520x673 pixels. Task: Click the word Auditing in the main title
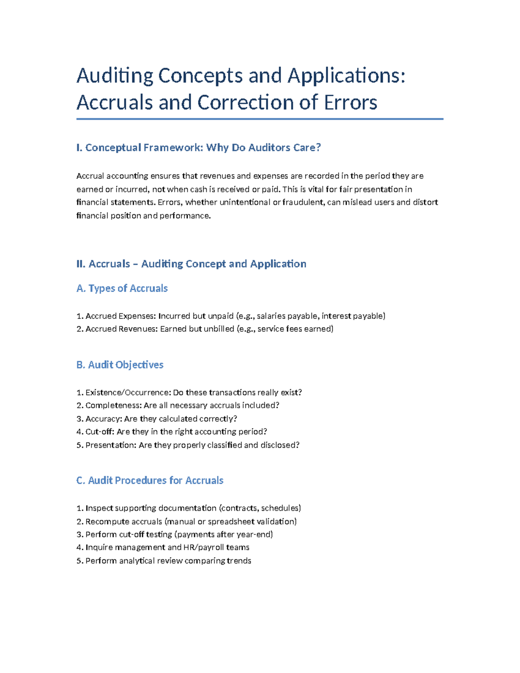(x=114, y=76)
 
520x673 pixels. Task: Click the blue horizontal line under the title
(x=260, y=119)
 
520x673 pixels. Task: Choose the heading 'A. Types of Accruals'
(x=122, y=289)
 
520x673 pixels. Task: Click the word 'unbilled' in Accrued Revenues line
(x=219, y=329)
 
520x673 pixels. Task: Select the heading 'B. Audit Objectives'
(x=120, y=365)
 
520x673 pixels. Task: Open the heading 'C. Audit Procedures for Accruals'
(x=149, y=481)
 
